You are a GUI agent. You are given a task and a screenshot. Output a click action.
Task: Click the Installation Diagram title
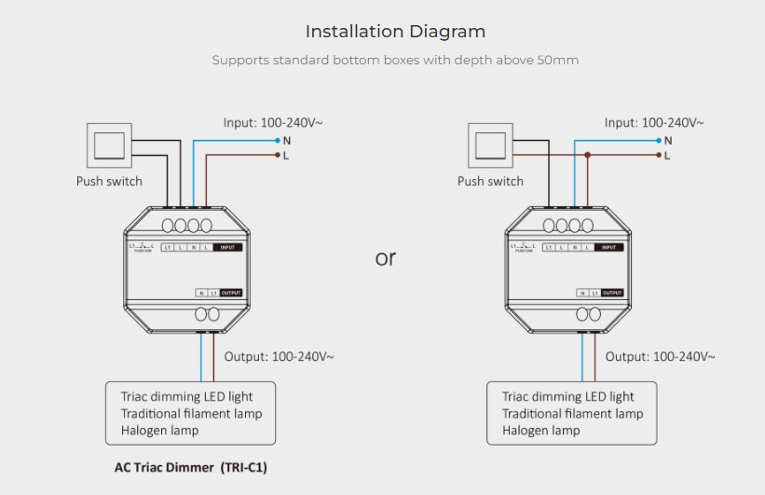pos(395,32)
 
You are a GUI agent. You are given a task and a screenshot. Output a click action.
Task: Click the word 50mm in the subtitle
pos(557,61)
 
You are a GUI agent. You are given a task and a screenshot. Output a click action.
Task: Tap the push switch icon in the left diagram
pos(108,145)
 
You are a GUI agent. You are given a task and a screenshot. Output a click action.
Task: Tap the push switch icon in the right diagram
pos(489,145)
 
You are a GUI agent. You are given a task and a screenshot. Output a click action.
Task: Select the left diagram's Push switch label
pos(109,181)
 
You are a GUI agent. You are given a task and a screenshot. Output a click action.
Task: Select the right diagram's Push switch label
pos(490,181)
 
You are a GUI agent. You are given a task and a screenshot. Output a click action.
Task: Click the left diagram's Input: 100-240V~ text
pos(273,122)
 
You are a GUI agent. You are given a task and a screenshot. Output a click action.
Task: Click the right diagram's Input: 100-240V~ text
pos(654,122)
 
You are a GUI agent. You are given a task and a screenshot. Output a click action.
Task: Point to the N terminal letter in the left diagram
pos(287,141)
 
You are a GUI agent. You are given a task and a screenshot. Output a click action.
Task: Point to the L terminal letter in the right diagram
pos(667,156)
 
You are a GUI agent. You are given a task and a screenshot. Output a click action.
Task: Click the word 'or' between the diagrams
pos(385,258)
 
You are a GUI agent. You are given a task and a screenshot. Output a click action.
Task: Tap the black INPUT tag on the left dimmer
pos(227,247)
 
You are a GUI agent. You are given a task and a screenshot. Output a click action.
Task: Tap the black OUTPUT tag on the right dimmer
pos(611,293)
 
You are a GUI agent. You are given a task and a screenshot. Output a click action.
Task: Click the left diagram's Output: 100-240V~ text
pos(279,356)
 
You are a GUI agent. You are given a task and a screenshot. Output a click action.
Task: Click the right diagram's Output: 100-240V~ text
pos(660,356)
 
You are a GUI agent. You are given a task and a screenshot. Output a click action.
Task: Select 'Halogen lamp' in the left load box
pos(159,430)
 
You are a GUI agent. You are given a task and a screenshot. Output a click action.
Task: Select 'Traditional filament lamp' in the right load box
pos(572,413)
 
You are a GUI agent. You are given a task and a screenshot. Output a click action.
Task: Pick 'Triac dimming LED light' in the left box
pos(186,396)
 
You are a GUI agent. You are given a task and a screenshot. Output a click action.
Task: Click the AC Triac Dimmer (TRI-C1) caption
pos(190,467)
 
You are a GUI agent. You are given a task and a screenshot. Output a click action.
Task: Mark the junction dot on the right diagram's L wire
pos(587,155)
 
